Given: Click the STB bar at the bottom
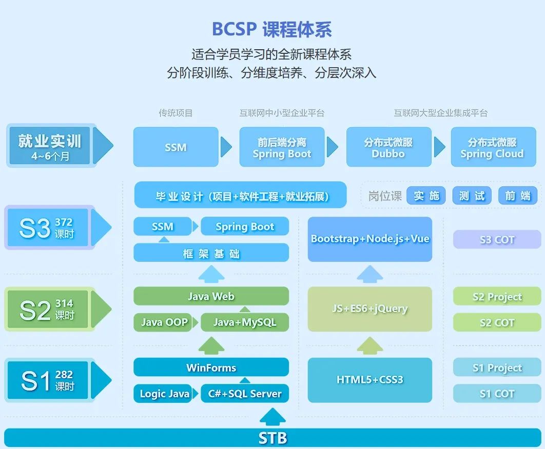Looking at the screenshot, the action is click(x=272, y=438).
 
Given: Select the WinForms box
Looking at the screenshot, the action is click(x=211, y=367).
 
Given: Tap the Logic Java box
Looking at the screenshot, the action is click(x=163, y=394).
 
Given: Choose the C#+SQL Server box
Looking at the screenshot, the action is click(x=245, y=394).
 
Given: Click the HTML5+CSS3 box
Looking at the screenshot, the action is click(x=370, y=380).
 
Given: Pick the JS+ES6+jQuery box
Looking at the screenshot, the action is click(x=370, y=309).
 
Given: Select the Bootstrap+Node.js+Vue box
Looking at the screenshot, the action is click(x=370, y=239).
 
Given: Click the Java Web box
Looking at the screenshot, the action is click(x=211, y=296).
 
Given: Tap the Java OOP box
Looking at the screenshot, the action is click(x=163, y=322).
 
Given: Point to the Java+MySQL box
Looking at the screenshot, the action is click(x=245, y=322).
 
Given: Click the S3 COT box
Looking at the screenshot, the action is click(x=497, y=239).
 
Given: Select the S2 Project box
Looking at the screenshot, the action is click(x=497, y=296).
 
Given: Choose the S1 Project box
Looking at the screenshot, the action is click(x=497, y=368).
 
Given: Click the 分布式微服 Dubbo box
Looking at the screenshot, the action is click(x=388, y=147).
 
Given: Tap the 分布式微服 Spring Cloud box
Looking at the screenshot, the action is click(x=493, y=147).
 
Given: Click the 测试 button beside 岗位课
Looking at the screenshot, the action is click(x=472, y=195).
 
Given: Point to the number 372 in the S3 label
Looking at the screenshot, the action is click(x=64, y=222).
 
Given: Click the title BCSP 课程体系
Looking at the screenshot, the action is click(x=272, y=29).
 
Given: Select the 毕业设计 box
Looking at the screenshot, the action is click(x=240, y=195).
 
